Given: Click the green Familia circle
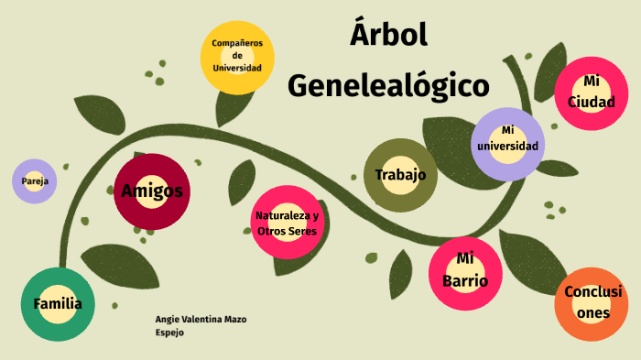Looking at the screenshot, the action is [58, 305].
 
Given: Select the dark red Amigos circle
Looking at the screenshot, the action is [152, 191].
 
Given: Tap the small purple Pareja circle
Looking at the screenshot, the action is [35, 181].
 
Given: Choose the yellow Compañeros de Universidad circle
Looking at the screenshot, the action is [237, 56].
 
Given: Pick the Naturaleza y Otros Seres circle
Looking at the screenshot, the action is [288, 223].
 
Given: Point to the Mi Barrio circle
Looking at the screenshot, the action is [465, 272].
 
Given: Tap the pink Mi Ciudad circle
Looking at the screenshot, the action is [591, 92].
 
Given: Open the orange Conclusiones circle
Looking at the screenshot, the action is [592, 302].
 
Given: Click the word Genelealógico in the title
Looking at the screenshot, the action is [388, 85].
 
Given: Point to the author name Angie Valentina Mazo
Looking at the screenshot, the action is [201, 319].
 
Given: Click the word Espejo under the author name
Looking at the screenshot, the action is [170, 333].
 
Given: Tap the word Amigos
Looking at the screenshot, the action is [152, 191].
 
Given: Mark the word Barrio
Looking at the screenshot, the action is [465, 281].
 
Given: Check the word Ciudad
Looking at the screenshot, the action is [591, 102].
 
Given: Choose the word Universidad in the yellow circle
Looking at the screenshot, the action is [237, 68].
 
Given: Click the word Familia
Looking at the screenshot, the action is [58, 304].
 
